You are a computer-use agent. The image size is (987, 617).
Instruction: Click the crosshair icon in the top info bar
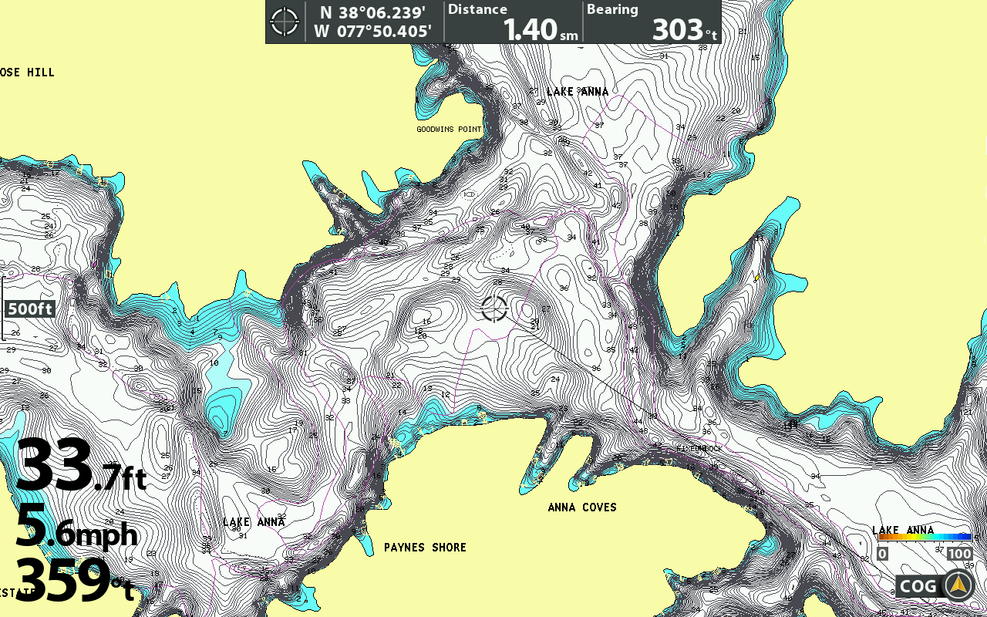point(285,22)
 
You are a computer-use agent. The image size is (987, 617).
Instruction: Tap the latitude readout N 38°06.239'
point(373,12)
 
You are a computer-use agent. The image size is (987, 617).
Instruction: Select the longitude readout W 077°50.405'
point(373,32)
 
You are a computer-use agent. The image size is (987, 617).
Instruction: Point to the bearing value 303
point(678,29)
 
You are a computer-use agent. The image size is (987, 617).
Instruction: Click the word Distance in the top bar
point(477,9)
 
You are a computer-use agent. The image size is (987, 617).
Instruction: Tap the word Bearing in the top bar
point(612,9)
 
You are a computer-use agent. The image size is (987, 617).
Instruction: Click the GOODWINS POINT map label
point(449,129)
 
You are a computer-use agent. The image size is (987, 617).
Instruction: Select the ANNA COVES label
point(582,507)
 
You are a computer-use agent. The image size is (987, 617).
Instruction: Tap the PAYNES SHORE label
point(425,548)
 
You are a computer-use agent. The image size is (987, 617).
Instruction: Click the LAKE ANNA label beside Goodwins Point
point(578,92)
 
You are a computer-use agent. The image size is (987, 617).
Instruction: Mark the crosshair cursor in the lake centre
point(494,308)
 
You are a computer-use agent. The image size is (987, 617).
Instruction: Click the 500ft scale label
point(30,309)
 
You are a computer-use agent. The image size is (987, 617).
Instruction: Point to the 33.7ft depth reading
point(81,466)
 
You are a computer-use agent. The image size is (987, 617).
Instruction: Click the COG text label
point(918,586)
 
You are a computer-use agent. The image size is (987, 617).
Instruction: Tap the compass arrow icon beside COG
point(958,586)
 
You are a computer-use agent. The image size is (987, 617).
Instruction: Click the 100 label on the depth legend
point(959,554)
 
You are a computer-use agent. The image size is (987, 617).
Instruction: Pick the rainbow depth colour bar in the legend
point(925,537)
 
